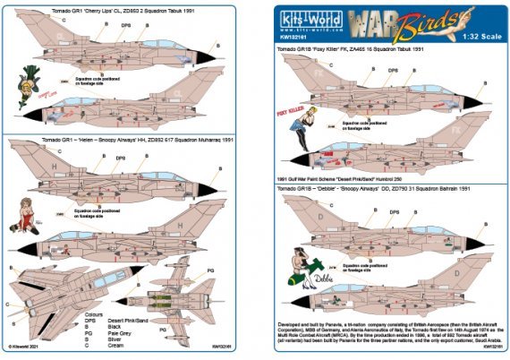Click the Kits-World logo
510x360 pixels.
coord(303,19)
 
